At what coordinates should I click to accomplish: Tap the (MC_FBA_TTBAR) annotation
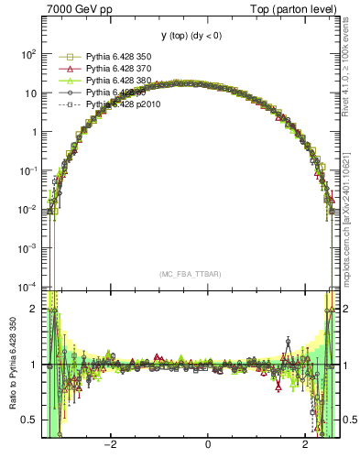click(189, 274)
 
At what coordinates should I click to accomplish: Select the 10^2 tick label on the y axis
click(28, 53)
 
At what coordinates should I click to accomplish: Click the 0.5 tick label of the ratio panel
click(28, 420)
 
